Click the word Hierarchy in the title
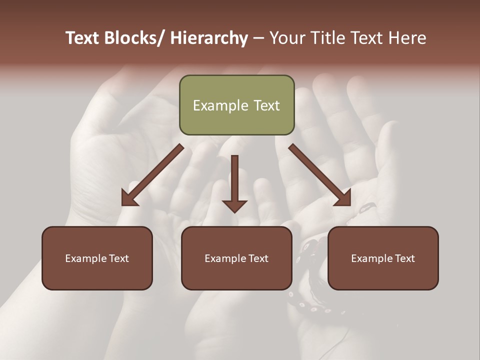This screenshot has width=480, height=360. coord(209,38)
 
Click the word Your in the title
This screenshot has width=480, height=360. coord(286,38)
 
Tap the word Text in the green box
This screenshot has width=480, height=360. coord(265,105)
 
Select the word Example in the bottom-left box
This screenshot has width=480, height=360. coord(85,258)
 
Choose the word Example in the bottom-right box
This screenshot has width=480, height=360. coord(371,258)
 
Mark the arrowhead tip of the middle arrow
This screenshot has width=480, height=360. coord(234,212)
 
